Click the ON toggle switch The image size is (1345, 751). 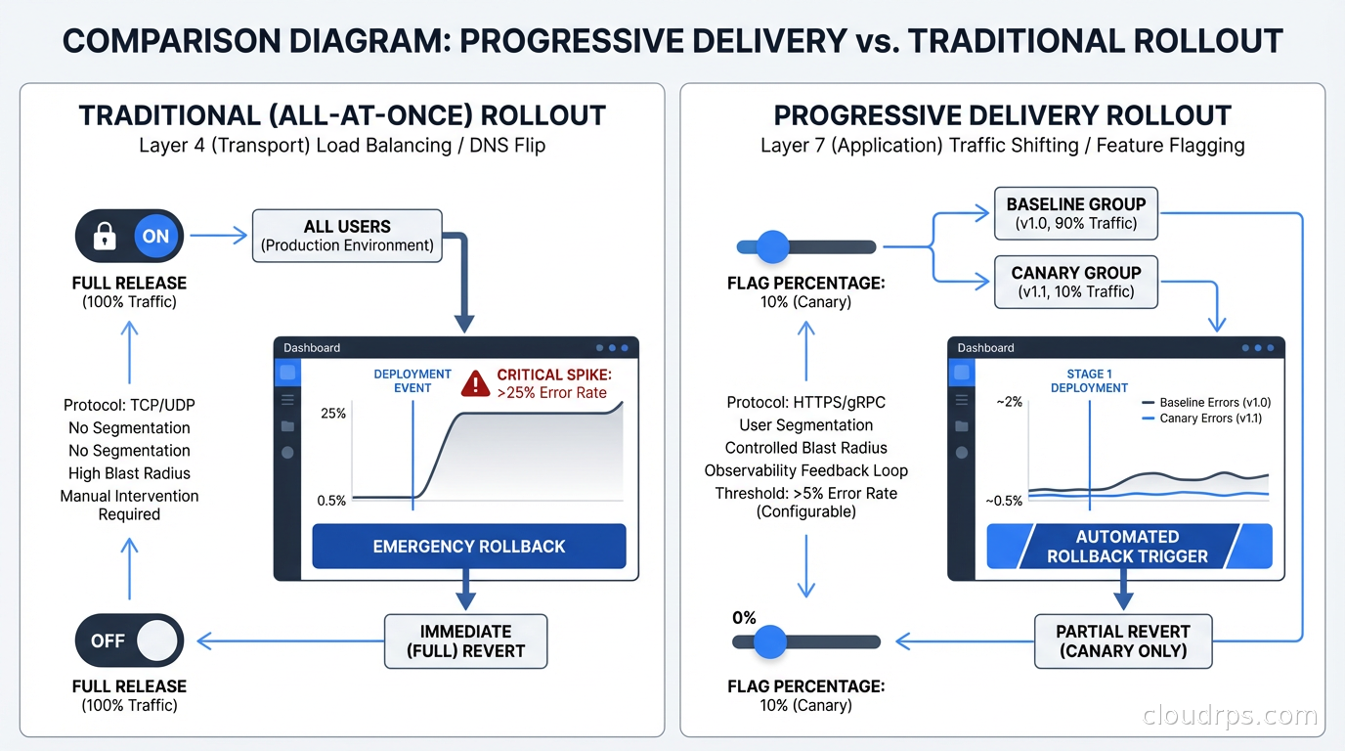coord(129,237)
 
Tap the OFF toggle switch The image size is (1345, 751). coord(129,641)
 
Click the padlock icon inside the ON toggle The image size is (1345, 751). coord(105,237)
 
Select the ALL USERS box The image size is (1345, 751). coord(347,236)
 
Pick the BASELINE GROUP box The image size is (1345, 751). coord(1075,213)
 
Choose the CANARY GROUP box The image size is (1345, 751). coord(1075,282)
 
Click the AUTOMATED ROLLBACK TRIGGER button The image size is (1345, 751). coord(1128,547)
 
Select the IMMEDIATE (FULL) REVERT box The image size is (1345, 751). coord(465,641)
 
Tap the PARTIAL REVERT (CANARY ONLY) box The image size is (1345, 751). coord(1122,641)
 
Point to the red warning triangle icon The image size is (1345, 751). coord(475,382)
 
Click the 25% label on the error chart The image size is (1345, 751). coord(333,414)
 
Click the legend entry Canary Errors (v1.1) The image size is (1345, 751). coord(1210,419)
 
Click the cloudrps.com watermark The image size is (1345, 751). coord(1230,717)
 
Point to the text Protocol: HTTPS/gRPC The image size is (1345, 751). coord(806,403)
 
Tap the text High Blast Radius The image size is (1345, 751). coord(129,473)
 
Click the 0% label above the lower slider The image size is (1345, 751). coord(744,618)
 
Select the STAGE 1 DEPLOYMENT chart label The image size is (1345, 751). coord(1089,380)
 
